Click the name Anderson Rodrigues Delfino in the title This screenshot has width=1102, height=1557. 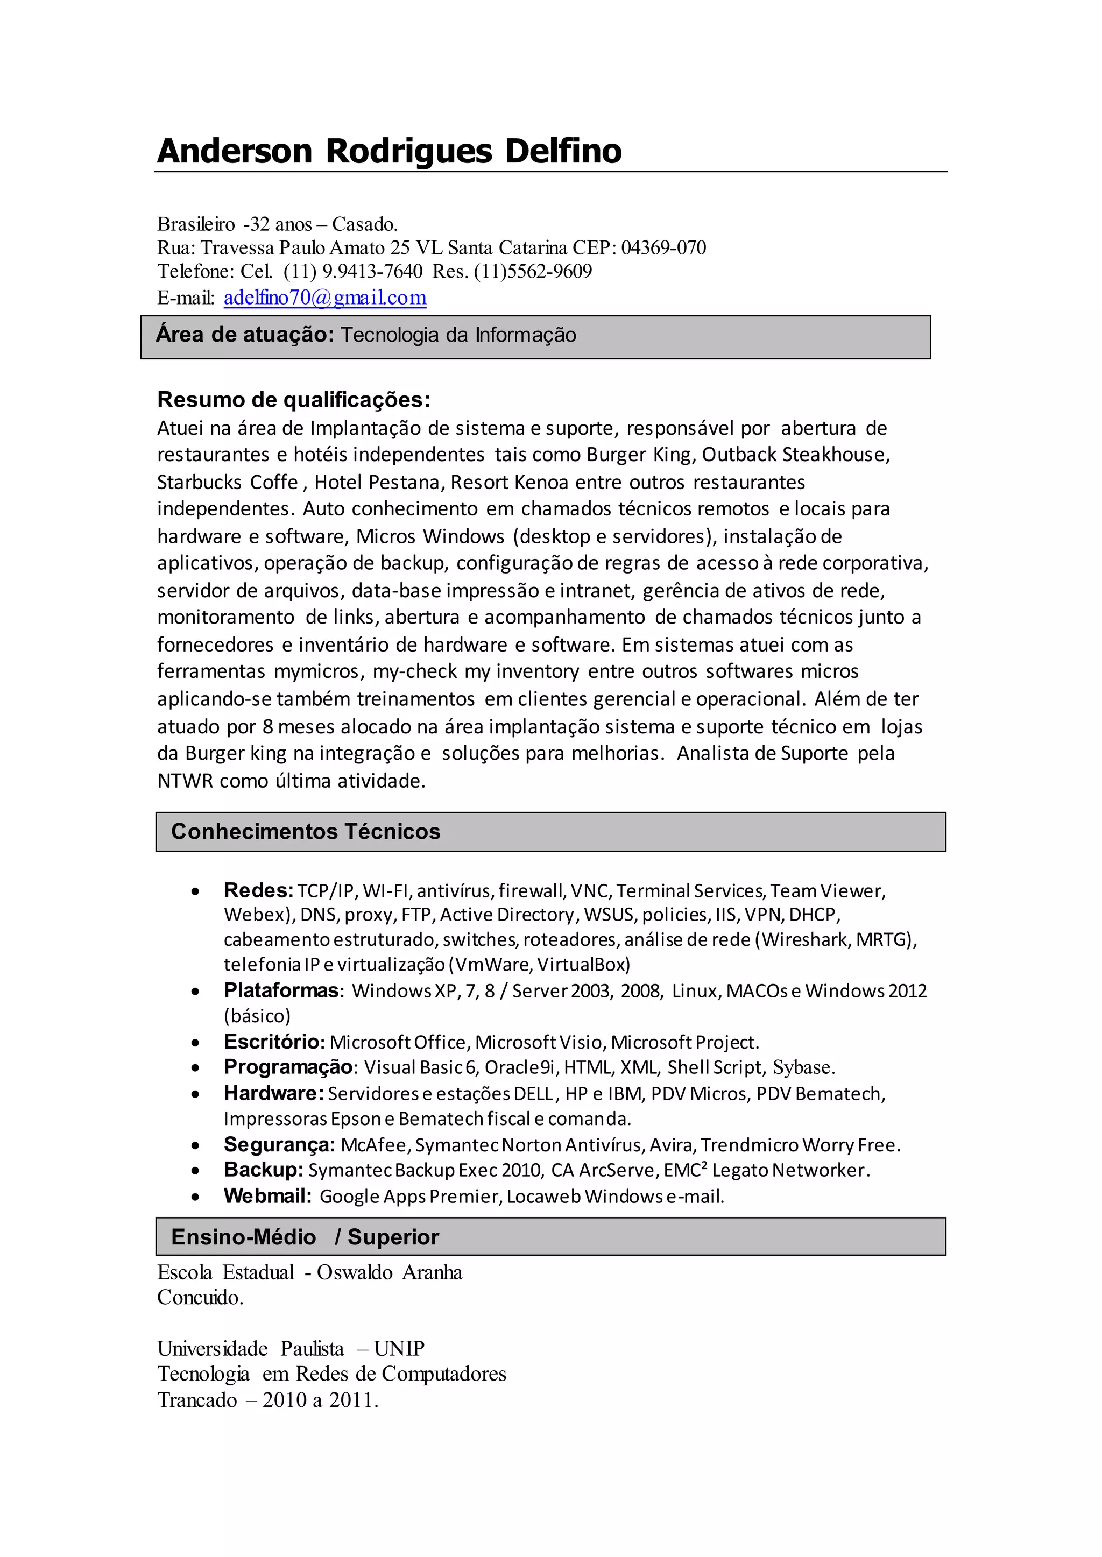click(x=389, y=151)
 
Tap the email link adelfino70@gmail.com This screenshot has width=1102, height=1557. click(x=325, y=298)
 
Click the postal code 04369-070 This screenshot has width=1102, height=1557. click(x=663, y=247)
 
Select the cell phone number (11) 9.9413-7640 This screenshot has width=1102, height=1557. click(x=353, y=271)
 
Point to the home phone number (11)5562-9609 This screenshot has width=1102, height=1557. click(x=533, y=271)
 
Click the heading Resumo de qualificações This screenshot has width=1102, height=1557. click(x=293, y=400)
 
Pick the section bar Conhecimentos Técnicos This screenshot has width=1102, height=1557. click(x=550, y=831)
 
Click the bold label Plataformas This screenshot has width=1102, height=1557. click(x=281, y=990)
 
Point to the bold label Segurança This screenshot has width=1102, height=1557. click(x=279, y=1144)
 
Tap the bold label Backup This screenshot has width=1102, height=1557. click(x=263, y=1170)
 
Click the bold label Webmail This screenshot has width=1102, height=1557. click(x=267, y=1195)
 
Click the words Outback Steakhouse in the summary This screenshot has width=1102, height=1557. click(x=795, y=455)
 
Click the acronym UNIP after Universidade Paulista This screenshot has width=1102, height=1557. click(x=399, y=1348)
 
